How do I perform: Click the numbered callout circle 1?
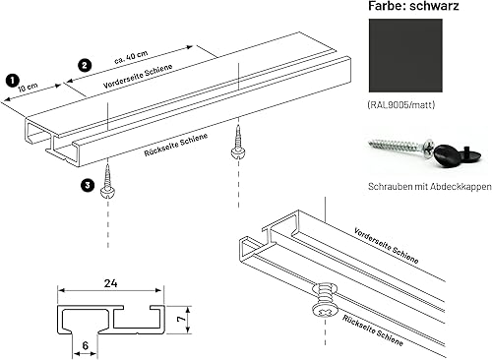pyautogui.click(x=12, y=78)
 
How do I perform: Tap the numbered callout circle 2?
pyautogui.click(x=85, y=65)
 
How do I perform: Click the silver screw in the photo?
pyautogui.click(x=399, y=150)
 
